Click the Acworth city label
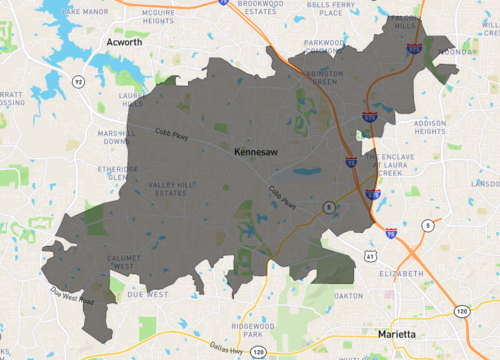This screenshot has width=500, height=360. point(124,43)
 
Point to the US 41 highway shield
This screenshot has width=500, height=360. point(372,257)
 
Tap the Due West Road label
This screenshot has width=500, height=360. point(71,297)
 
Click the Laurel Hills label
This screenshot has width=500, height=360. point(133,101)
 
